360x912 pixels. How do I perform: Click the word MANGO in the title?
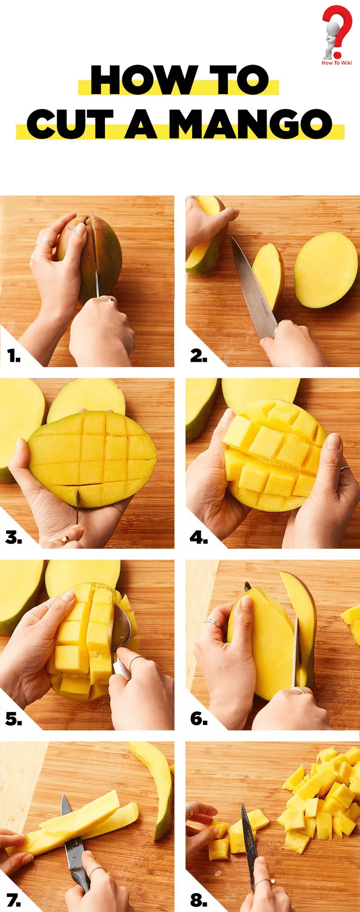click(250, 125)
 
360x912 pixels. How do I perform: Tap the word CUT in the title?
click(70, 125)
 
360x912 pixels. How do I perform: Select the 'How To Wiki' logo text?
click(337, 63)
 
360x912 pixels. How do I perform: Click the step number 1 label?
click(14, 357)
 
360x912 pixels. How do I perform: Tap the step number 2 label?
click(199, 356)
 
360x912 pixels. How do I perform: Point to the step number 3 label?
click(14, 538)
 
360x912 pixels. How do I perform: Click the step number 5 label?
click(14, 719)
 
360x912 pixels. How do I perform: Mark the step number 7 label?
click(14, 900)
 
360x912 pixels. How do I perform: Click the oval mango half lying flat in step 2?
click(326, 270)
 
